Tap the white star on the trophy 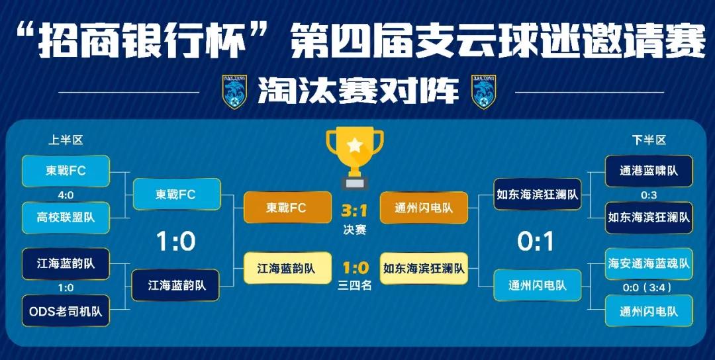coord(355,146)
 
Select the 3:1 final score coord(354,211)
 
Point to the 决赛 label coord(355,230)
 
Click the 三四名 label coord(355,286)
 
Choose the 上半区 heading coord(66,140)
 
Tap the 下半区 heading coord(649,140)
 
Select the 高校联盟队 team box coord(66,218)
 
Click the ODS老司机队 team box coord(66,311)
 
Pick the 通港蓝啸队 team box coord(649,171)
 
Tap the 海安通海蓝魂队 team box coord(649,264)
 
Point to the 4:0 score coord(66,195)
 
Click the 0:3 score coord(649,195)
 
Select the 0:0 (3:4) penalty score coord(647,288)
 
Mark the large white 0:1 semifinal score coord(536,241)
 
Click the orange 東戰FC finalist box coord(288,207)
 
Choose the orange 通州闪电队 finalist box coord(424,208)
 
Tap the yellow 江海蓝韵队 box coord(288,269)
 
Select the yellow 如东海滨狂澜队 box coord(424,269)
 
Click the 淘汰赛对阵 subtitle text coord(358,91)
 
